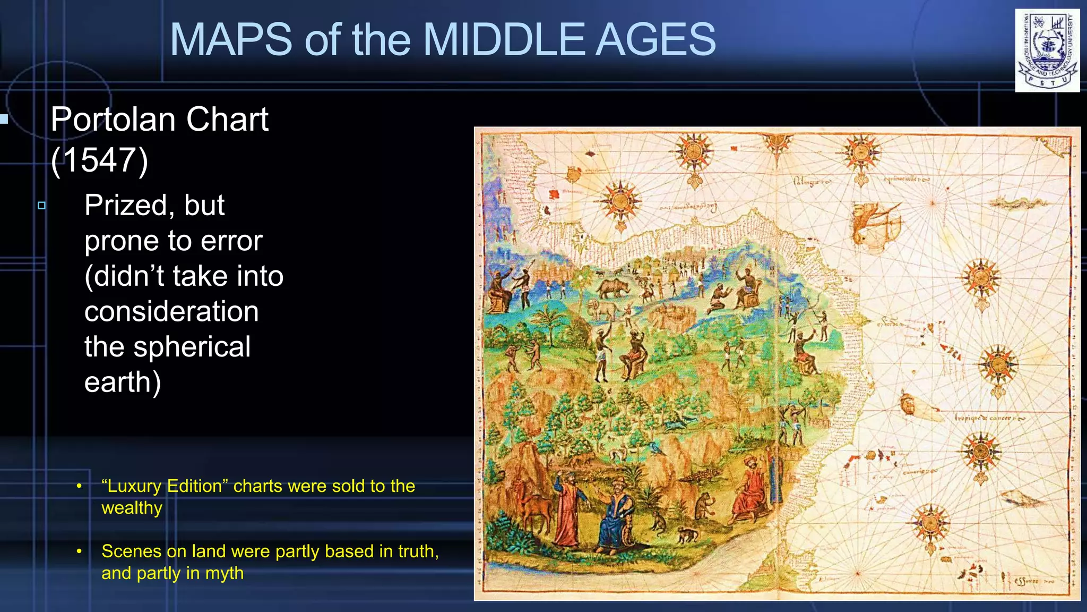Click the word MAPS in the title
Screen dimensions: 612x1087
(230, 39)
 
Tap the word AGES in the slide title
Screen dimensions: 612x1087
(655, 39)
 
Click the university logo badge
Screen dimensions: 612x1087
(1047, 50)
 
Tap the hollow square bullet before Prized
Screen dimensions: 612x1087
(42, 205)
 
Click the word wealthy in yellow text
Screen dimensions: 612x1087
(132, 508)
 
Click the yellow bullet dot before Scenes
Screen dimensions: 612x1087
(79, 551)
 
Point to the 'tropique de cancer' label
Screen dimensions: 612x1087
(988, 418)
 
